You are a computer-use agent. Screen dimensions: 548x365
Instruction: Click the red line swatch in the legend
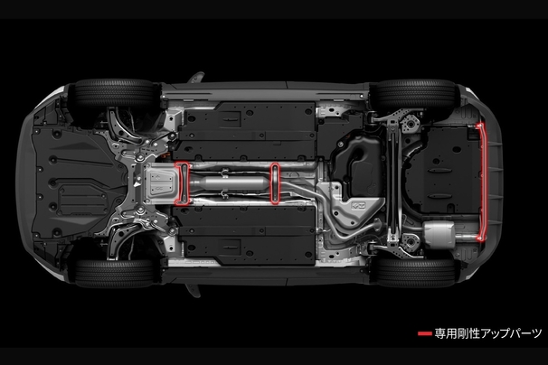click(x=425, y=333)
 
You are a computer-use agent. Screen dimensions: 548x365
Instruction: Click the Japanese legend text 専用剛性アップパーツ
click(x=488, y=333)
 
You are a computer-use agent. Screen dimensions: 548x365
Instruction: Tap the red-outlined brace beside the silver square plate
click(x=182, y=183)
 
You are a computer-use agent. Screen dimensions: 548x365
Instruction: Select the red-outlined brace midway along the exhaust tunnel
click(x=276, y=182)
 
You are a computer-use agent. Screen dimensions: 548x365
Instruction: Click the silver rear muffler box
click(x=439, y=231)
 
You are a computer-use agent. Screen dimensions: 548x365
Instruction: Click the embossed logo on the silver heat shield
click(x=358, y=205)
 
